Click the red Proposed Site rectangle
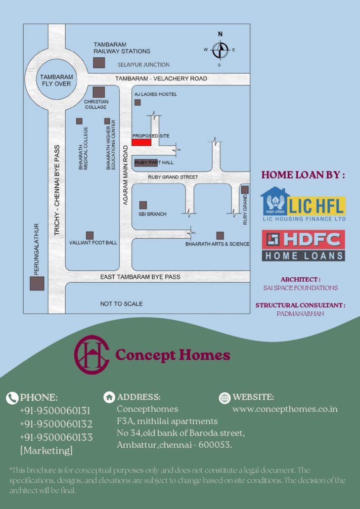click(x=141, y=142)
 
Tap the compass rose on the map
click(x=220, y=49)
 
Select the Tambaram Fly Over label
click(x=56, y=81)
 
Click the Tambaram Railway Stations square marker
click(x=99, y=63)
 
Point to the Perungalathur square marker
click(x=37, y=283)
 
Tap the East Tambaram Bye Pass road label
click(x=140, y=276)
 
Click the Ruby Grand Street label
click(x=173, y=177)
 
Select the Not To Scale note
click(x=121, y=303)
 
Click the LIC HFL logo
click(x=303, y=204)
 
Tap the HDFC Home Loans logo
click(x=303, y=245)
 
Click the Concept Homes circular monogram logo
click(x=91, y=354)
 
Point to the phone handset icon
click(x=12, y=398)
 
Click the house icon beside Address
click(x=109, y=397)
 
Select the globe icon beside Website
click(x=225, y=397)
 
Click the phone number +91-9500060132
click(x=56, y=424)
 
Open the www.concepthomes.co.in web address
click(x=285, y=409)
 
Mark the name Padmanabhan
click(x=300, y=313)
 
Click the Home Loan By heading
click(x=303, y=175)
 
